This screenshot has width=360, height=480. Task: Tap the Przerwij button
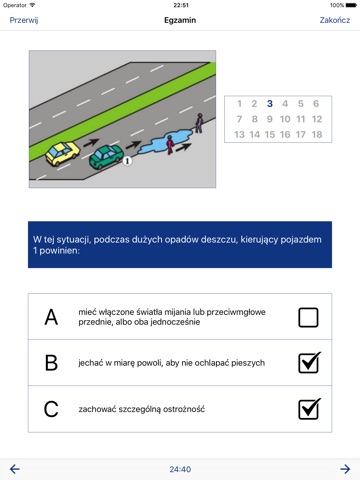pos(24,20)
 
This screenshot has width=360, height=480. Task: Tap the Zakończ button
pos(335,20)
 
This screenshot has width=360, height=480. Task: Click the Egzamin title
pos(180,20)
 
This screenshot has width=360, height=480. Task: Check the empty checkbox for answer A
pos(308,317)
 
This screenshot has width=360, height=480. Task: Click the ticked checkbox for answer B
pos(309,363)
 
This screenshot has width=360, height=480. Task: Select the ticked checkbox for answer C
pos(309,409)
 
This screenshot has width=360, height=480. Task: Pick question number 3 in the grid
pos(270,104)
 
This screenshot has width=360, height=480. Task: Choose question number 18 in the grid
pos(317,134)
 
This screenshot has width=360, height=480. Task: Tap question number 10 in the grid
pos(285,119)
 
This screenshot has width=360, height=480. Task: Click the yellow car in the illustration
pos(62,153)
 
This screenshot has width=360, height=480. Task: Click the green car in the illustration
pos(106,156)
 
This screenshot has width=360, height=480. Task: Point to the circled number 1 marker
pos(127,161)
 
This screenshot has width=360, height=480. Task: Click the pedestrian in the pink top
pos(170,145)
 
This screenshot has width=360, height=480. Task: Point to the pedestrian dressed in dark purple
pos(199,123)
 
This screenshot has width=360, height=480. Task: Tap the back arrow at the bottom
pos(15,469)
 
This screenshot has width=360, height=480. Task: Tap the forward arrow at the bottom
pos(345,469)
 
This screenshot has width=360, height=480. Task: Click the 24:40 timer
pos(180,469)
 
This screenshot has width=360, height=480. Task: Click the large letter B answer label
pos(51,363)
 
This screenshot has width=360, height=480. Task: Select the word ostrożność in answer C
pos(184,409)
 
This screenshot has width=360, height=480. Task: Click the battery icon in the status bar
pos(351,5)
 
